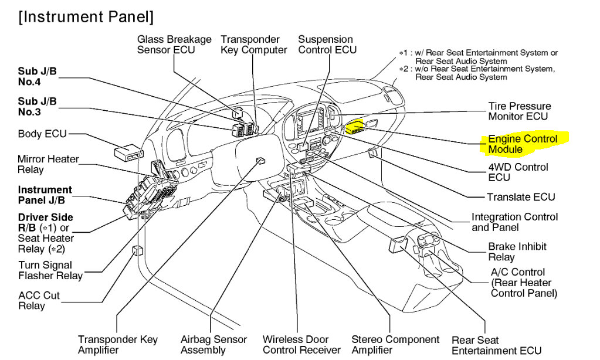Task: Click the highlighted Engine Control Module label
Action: pyautogui.click(x=522, y=144)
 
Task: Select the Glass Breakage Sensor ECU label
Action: pyautogui.click(x=174, y=45)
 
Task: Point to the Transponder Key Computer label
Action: pyautogui.click(x=253, y=45)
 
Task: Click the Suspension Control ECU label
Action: pyautogui.click(x=327, y=45)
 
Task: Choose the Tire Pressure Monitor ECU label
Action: pyautogui.click(x=519, y=111)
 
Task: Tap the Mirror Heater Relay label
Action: pyautogui.click(x=48, y=164)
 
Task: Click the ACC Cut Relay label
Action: pyautogui.click(x=39, y=301)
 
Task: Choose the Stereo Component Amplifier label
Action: pyautogui.click(x=395, y=345)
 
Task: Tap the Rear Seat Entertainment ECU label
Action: pyautogui.click(x=496, y=345)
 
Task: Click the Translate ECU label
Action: pyautogui.click(x=520, y=197)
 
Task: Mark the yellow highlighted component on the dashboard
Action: pyautogui.click(x=355, y=127)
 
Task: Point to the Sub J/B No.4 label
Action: pyautogui.click(x=38, y=77)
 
